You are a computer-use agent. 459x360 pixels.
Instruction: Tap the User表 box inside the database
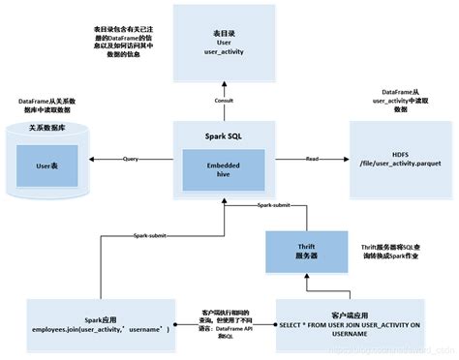48,166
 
